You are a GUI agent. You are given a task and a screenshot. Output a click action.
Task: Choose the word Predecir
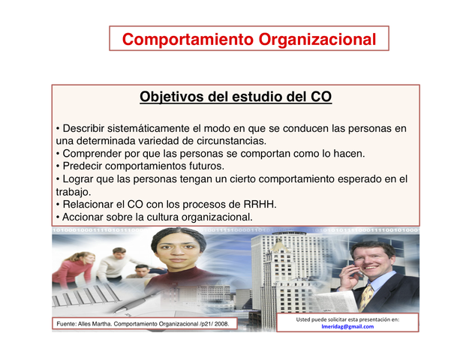[x=84, y=166]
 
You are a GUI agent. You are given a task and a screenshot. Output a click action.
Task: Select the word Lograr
[x=80, y=178]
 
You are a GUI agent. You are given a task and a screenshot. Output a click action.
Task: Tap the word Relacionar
[x=91, y=205]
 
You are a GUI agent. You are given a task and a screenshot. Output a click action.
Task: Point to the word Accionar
[x=86, y=217]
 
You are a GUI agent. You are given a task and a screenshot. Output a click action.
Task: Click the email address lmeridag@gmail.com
[x=347, y=326]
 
